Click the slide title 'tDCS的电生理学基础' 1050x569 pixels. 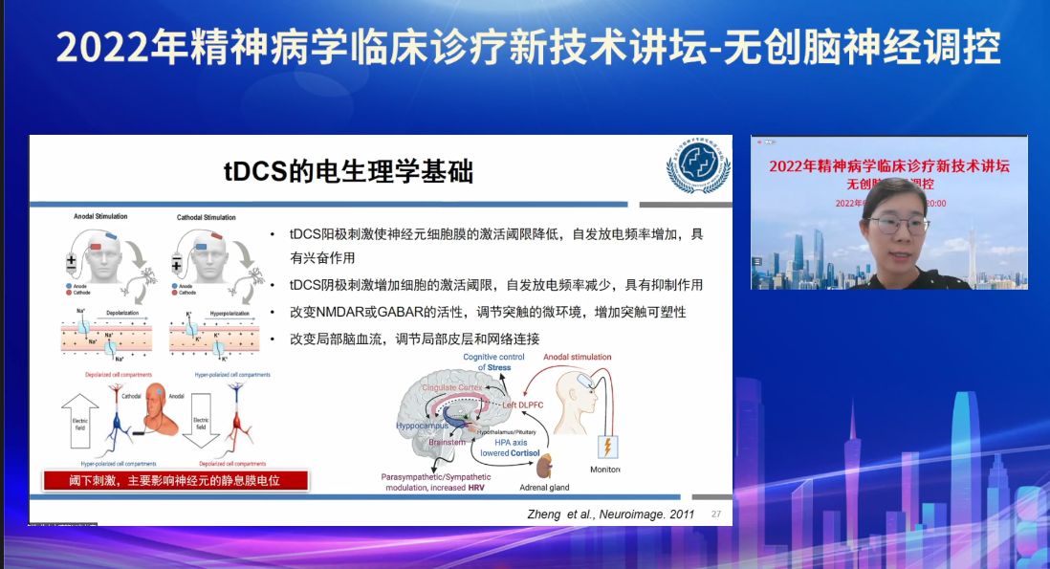tap(348, 171)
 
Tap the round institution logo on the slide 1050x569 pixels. tap(697, 169)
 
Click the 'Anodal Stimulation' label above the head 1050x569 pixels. tap(100, 217)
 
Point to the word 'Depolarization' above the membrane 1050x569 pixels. tap(124, 311)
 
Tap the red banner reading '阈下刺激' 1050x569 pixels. tap(176, 480)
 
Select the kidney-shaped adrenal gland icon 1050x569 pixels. tap(546, 466)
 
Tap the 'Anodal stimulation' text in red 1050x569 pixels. tap(577, 358)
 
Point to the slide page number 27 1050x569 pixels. tap(716, 514)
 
